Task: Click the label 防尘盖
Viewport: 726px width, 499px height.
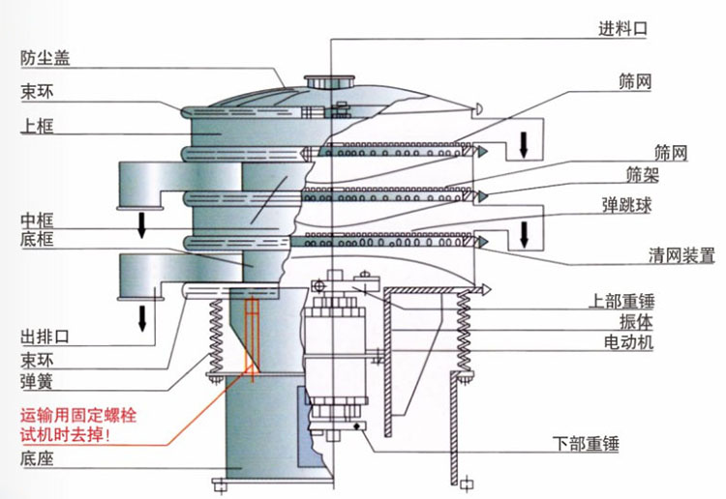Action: click(x=45, y=57)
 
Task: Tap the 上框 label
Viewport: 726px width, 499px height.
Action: click(x=38, y=126)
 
